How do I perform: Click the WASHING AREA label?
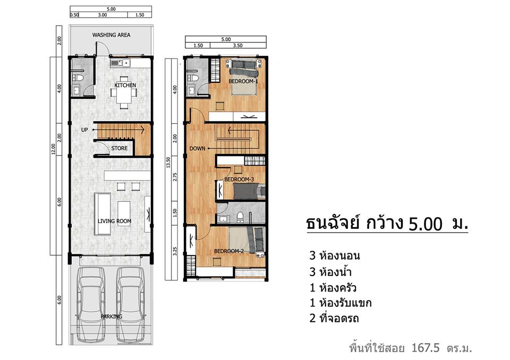[x=111, y=35]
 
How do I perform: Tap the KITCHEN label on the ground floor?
[x=125, y=85]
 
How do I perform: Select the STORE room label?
[x=120, y=148]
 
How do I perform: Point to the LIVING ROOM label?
[x=115, y=221]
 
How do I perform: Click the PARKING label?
[x=111, y=316]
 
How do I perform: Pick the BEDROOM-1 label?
[x=243, y=81]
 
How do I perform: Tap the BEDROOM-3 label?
[x=239, y=179]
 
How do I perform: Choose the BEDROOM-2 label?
[x=229, y=251]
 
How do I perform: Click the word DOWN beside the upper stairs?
[x=198, y=149]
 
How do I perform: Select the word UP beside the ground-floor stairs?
[x=84, y=130]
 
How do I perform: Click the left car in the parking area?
[x=91, y=304]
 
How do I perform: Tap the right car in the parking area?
[x=131, y=304]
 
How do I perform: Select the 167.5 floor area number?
[x=426, y=348]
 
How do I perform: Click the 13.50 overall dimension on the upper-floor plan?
[x=168, y=162]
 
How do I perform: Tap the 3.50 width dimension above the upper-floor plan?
[x=237, y=46]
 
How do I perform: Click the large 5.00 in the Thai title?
[x=426, y=224]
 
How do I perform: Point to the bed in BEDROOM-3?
[x=249, y=191]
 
